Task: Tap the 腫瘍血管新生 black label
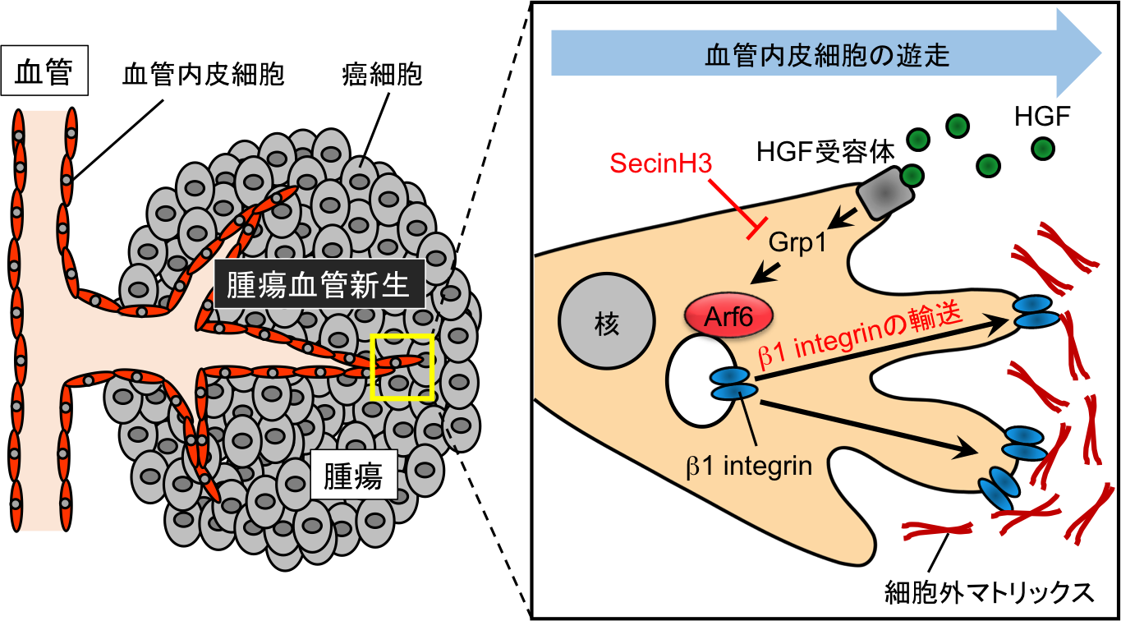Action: point(319,284)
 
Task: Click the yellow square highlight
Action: point(402,366)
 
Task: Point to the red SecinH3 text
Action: point(660,163)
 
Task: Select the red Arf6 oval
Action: point(729,316)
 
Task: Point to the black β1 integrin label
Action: point(749,467)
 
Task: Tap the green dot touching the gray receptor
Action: point(910,175)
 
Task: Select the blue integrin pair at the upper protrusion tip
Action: point(1034,313)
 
